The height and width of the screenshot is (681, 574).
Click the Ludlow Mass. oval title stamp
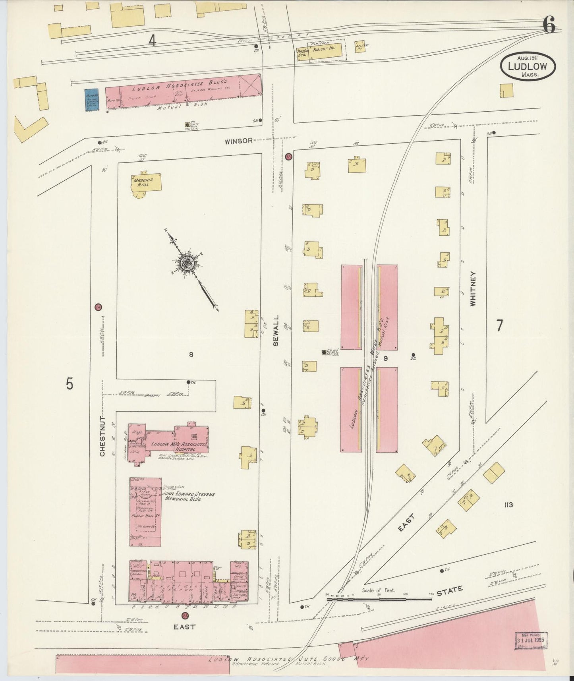coord(528,66)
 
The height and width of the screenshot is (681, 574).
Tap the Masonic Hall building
coord(146,183)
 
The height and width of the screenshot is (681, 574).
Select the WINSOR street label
coord(238,141)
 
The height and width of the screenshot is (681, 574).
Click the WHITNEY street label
coord(473,288)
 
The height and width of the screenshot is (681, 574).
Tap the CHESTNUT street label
coord(102,436)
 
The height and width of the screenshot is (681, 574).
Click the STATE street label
coord(450,590)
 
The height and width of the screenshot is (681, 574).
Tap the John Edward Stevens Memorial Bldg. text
coord(189,496)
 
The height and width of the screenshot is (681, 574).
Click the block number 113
coord(508,505)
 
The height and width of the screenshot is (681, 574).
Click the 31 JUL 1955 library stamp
coord(531,640)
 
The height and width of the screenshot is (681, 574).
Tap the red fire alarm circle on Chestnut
coord(98,307)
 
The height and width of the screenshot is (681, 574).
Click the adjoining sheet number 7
coord(499,325)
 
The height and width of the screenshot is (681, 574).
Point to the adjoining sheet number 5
coord(70,384)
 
